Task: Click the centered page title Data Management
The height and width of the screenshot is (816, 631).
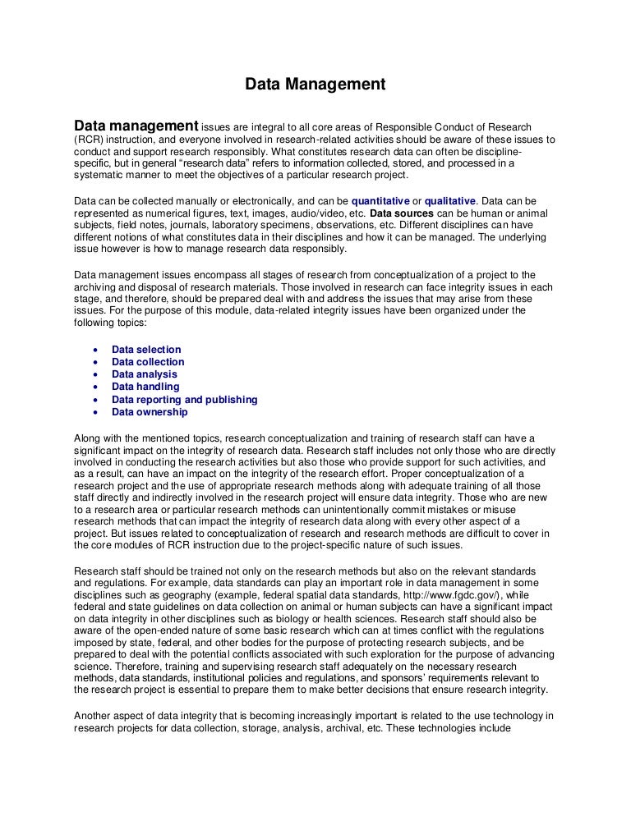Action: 315,84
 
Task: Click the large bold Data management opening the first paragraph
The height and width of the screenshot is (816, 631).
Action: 136,126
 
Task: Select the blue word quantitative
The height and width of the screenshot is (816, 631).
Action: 380,200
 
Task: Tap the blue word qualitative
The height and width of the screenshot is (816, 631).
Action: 450,200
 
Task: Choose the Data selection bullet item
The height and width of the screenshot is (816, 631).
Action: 146,350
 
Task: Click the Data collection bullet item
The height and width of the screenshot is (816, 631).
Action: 148,362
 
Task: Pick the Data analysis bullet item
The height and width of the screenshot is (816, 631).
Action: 145,374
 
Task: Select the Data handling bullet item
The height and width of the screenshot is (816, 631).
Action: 145,387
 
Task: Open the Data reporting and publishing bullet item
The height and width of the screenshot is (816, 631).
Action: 185,400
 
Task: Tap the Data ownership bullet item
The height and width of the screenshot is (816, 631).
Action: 150,412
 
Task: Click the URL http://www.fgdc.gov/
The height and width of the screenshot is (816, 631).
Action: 426,594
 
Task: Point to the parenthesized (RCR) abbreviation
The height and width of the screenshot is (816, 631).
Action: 88,140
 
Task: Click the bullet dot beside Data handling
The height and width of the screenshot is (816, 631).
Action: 96,387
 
